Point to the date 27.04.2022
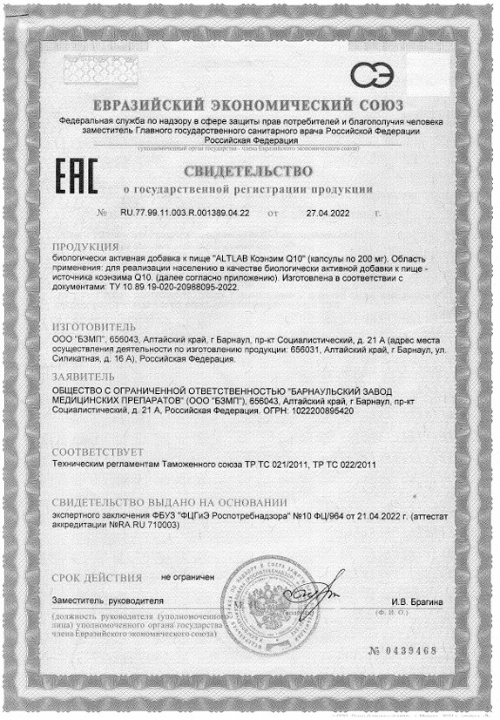pyautogui.click(x=328, y=212)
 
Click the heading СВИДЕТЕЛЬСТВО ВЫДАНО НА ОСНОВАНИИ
pyautogui.click(x=169, y=504)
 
